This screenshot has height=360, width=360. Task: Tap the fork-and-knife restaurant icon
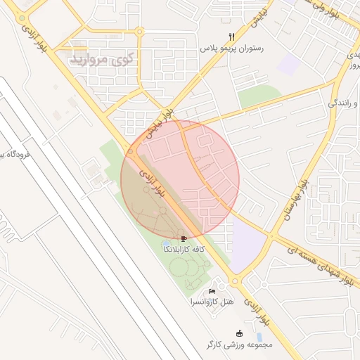click(x=231, y=37)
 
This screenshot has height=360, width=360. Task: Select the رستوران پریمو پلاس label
click(x=223, y=49)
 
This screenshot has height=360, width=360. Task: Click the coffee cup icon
click(x=184, y=239)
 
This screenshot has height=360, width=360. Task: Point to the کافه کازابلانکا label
click(x=184, y=250)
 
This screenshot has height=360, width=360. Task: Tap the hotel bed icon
click(x=212, y=291)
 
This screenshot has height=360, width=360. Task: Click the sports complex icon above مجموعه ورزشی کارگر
click(x=240, y=333)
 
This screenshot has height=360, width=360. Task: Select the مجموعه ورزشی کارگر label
click(x=239, y=345)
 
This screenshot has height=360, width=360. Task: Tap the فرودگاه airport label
click(x=5, y=155)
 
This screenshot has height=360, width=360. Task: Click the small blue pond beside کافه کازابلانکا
click(x=166, y=243)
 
